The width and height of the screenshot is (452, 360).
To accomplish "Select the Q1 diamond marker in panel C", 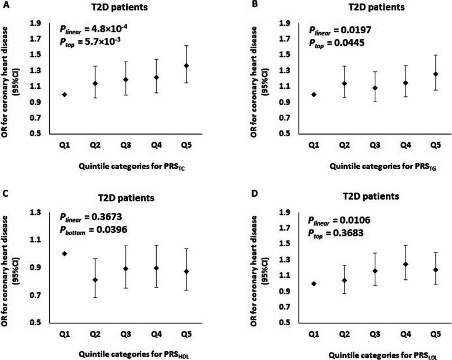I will point(64,253).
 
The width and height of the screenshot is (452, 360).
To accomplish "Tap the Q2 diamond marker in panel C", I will point(95,280).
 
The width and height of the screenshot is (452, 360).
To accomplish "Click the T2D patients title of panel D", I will point(372,197).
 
